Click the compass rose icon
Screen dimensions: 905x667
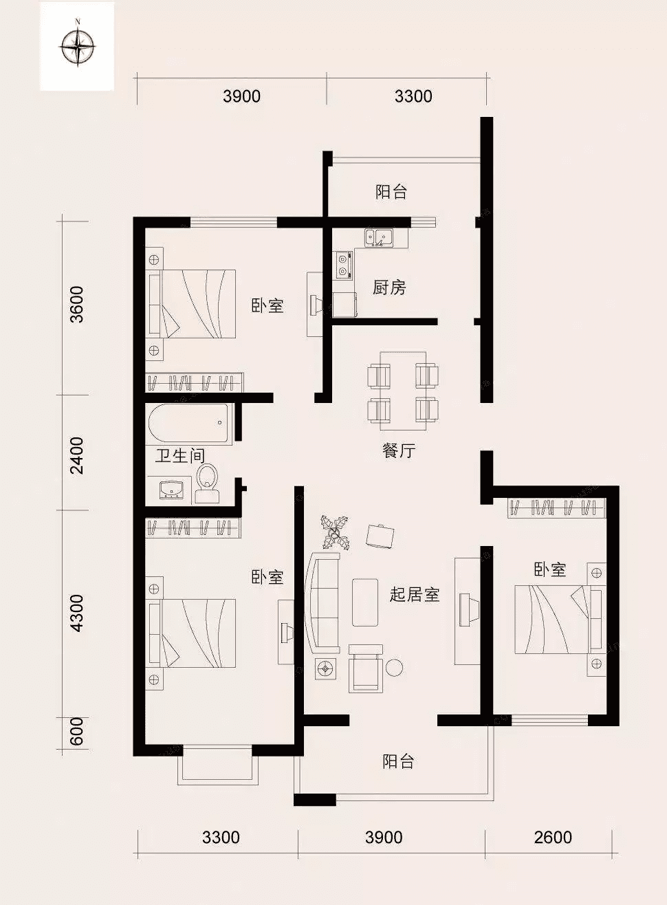pos(78,47)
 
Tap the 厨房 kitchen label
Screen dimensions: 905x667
pos(389,287)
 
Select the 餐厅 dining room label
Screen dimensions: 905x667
pos(399,451)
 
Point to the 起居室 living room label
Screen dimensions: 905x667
pos(414,594)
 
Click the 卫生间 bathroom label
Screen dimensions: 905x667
pos(179,455)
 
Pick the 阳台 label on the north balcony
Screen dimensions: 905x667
pos(391,192)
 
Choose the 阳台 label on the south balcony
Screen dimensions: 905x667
pos(398,761)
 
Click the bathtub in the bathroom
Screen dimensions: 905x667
pos(190,424)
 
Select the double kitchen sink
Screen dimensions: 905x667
pos(379,238)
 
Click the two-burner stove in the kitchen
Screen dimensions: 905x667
pos(342,265)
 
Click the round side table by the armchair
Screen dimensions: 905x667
pos(394,667)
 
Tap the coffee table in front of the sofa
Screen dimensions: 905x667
pos(365,602)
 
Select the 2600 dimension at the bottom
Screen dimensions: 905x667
pos(553,837)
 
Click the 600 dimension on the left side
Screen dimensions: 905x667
pos(77,731)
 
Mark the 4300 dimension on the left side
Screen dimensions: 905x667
pos(77,613)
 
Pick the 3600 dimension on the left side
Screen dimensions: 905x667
pos(77,304)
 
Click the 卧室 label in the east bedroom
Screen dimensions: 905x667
pos(550,569)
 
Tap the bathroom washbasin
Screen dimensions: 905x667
pos(171,490)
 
